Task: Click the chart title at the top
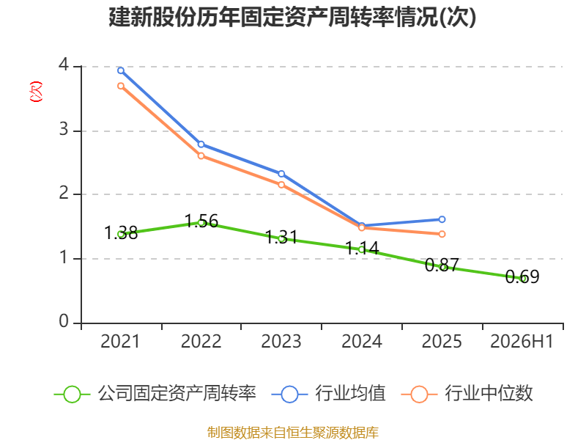(292, 17)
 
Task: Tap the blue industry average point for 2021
(121, 70)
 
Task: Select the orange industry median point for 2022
(201, 155)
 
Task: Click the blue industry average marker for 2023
(281, 174)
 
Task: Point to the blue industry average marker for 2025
(442, 219)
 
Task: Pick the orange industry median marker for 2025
(442, 234)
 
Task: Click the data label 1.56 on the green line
(201, 221)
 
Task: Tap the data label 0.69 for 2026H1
(522, 277)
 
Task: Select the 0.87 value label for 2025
(442, 265)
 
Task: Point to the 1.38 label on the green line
(121, 232)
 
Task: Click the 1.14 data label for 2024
(362, 248)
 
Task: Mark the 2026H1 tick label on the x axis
(522, 341)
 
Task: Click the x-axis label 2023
(281, 341)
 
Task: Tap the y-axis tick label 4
(64, 65)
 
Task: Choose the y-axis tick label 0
(64, 321)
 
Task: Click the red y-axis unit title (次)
(36, 91)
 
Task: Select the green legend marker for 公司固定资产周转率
(72, 395)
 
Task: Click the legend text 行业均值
(350, 393)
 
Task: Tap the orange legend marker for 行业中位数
(419, 395)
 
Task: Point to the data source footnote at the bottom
(293, 433)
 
